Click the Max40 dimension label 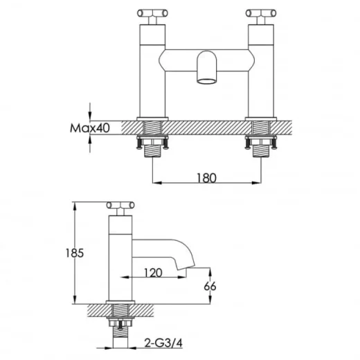90,128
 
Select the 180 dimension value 206,178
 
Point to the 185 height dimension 75,253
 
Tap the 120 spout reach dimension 153,273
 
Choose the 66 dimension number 210,287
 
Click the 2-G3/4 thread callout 163,343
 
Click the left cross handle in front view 152,13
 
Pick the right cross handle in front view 261,13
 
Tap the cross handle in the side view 120,205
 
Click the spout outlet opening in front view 207,81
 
